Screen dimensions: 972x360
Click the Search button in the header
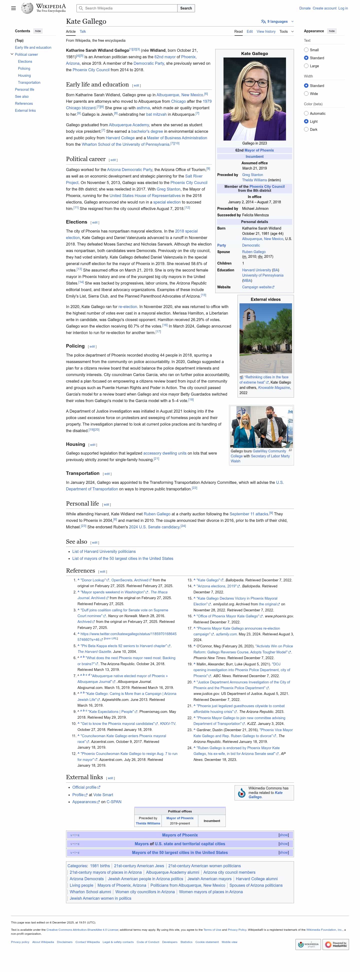[x=186, y=8]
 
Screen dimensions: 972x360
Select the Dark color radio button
[x=306, y=130]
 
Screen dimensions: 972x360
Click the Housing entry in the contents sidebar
[x=24, y=76]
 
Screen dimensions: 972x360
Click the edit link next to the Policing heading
[x=92, y=346]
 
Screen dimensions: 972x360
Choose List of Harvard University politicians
[x=104, y=552]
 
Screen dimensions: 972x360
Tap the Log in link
[x=343, y=8]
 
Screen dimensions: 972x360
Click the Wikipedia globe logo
[x=27, y=8]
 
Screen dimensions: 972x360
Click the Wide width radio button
[x=306, y=94]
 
